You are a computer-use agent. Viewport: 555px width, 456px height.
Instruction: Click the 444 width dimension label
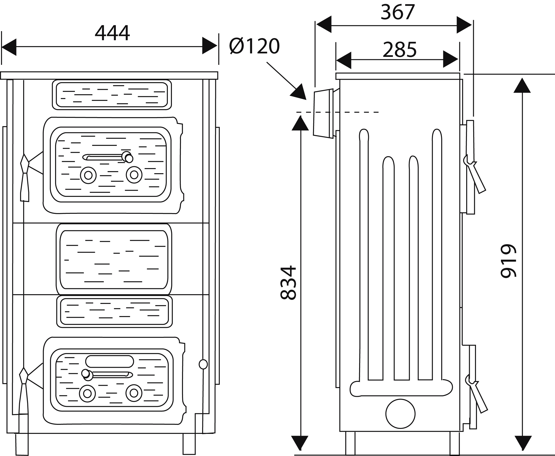click(112, 33)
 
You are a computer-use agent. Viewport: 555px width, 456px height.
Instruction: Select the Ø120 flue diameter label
click(254, 46)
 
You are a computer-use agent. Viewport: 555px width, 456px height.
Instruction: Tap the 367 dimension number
click(398, 12)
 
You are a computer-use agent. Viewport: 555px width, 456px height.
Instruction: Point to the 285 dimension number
click(400, 50)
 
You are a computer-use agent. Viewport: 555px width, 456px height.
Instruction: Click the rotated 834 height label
click(289, 283)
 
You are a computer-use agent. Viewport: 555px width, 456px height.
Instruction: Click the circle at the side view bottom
click(401, 414)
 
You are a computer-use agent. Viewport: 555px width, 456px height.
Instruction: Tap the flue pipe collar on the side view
click(323, 113)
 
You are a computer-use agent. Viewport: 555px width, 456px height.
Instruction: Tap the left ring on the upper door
click(88, 175)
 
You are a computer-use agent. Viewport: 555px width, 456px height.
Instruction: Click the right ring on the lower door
click(134, 393)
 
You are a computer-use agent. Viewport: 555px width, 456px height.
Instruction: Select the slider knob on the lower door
click(87, 375)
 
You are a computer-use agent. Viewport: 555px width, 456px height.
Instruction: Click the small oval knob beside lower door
click(203, 364)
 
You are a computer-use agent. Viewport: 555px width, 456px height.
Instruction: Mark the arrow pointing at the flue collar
click(287, 81)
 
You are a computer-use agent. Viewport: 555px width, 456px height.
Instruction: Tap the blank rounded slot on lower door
click(110, 361)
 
